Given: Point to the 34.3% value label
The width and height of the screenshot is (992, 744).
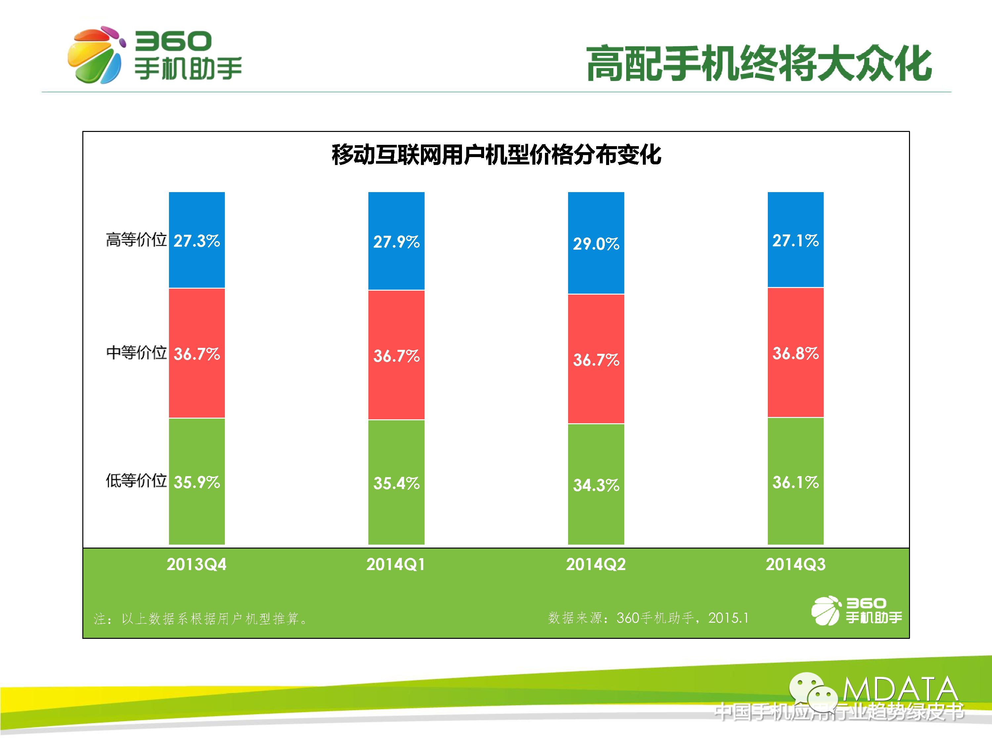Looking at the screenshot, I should click(x=596, y=485).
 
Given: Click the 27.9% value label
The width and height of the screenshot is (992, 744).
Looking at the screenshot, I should click(x=396, y=242).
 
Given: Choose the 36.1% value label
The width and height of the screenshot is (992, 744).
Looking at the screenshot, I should click(x=795, y=482).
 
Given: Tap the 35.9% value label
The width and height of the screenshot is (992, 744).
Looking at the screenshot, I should click(x=196, y=482).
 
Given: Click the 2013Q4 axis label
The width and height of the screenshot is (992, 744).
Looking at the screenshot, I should click(x=196, y=564).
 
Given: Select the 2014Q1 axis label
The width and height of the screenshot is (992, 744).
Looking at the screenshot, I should click(x=395, y=564).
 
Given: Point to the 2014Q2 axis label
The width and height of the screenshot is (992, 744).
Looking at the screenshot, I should click(x=596, y=564).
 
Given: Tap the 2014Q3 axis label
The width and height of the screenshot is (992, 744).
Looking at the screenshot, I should click(x=795, y=564).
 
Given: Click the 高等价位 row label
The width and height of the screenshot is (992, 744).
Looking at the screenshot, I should click(x=136, y=240).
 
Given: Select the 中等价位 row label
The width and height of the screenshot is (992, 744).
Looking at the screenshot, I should click(x=136, y=352).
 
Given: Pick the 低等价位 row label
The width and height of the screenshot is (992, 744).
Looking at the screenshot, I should click(x=136, y=480).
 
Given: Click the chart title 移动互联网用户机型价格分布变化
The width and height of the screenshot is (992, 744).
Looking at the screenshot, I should click(x=496, y=155).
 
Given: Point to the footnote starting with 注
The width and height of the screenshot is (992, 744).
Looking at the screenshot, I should click(x=200, y=619).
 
